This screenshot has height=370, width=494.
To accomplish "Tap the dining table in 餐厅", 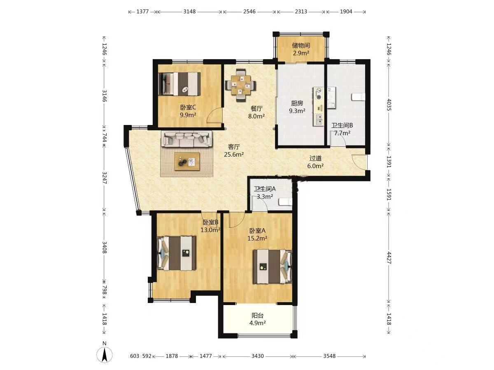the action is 240,86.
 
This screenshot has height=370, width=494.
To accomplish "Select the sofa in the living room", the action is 186,139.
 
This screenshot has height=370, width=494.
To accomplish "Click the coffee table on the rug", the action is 187,161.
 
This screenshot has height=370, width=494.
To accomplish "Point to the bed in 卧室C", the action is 179,84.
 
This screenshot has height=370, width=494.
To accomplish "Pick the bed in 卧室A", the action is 273,266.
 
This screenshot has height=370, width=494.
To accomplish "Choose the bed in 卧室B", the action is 176,253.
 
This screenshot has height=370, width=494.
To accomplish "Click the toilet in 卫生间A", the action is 285,202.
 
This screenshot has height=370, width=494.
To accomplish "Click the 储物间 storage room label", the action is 301,46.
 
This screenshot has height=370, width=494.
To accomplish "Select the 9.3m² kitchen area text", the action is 297,111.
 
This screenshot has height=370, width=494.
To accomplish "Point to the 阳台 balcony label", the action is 257,315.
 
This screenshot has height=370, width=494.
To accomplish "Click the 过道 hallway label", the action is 315,158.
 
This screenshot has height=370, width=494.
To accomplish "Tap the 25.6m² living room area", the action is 234,155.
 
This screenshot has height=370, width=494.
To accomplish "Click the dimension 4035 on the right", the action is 389,105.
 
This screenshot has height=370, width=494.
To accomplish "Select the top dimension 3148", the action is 189,12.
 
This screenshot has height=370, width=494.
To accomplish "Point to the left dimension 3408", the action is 105,247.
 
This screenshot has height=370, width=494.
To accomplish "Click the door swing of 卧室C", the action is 214,115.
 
